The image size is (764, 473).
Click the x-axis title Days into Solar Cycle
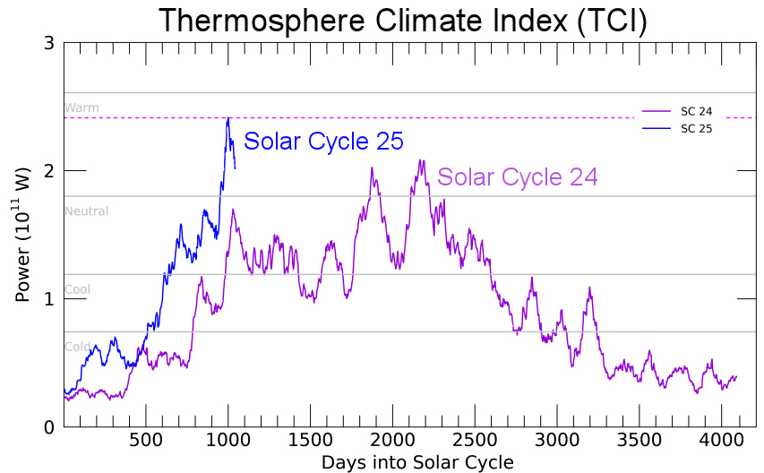[x=417, y=462]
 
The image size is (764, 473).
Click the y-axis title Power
[x=23, y=235]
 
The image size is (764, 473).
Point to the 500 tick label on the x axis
[x=146, y=441]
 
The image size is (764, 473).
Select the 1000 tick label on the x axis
[x=228, y=441]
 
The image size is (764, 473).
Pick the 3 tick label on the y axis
[x=49, y=43]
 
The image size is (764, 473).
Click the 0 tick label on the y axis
[x=49, y=426]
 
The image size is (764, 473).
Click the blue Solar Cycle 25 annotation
[x=323, y=142]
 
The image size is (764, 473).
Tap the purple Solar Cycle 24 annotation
[x=517, y=177]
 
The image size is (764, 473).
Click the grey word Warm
[x=82, y=108]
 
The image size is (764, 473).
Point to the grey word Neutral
[x=86, y=211]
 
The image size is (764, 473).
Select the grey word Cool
[x=77, y=290]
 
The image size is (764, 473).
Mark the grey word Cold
[x=77, y=347]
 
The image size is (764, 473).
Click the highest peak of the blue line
[x=229, y=117]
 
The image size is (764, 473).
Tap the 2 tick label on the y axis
[x=49, y=170]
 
